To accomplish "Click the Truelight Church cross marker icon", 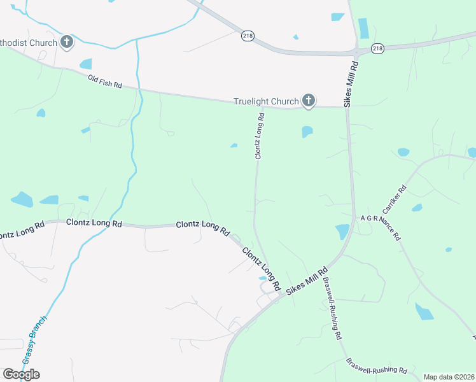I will [x=309, y=100].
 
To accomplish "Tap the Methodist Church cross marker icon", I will [x=67, y=43].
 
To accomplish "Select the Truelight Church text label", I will [x=266, y=101].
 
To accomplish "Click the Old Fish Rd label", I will [x=105, y=81].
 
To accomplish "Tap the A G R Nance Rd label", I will [x=381, y=227].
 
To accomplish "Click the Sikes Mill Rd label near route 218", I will [x=351, y=84].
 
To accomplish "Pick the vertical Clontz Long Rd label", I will [x=260, y=136].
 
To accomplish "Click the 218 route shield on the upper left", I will [x=248, y=36].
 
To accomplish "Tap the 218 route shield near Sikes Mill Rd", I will [x=378, y=48].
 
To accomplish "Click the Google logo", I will [x=21, y=374].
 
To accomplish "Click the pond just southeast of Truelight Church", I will [x=307, y=132].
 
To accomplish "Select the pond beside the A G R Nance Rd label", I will [x=342, y=231].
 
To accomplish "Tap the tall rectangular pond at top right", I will [x=363, y=28].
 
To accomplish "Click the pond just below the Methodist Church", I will [x=86, y=64].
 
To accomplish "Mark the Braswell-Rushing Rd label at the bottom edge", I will [x=377, y=366].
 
